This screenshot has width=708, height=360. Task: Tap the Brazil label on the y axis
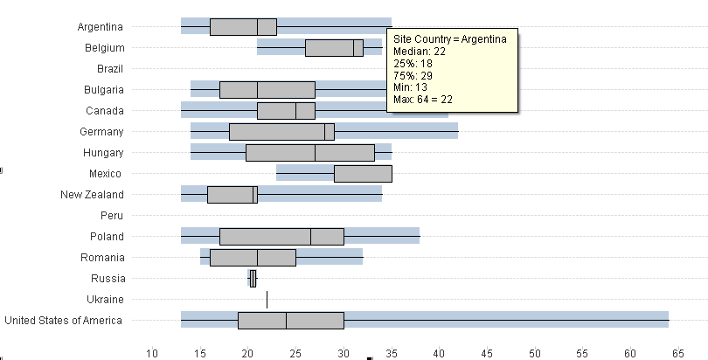tap(109, 69)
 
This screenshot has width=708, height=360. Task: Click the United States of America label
tap(64, 321)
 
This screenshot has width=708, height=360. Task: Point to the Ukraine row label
tap(105, 300)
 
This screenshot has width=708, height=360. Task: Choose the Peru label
tap(111, 216)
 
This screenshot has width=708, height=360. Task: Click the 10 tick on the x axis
tap(152, 353)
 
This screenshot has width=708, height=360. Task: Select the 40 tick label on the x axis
tap(439, 353)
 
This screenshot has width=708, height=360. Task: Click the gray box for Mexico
tap(363, 174)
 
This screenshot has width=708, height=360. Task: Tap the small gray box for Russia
tap(253, 279)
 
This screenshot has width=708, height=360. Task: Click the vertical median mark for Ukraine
tap(267, 300)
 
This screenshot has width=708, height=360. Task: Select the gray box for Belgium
tap(334, 48)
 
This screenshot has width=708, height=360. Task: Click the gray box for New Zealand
tap(233, 195)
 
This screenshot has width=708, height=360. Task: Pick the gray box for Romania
tap(253, 258)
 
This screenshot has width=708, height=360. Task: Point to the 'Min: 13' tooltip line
tap(413, 88)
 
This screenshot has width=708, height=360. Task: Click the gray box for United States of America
tap(291, 321)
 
